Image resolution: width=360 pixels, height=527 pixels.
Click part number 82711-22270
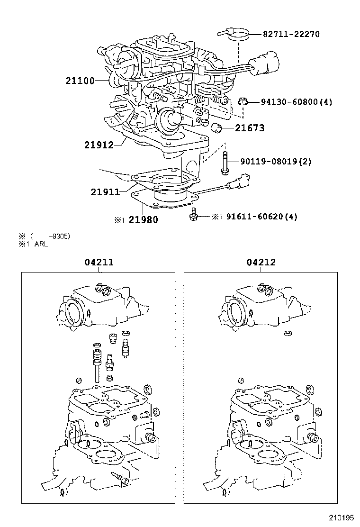[291, 34]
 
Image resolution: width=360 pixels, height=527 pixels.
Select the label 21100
[80, 81]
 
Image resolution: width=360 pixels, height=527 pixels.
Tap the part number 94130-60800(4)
[296, 102]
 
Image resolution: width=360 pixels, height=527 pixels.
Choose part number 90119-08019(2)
[276, 162]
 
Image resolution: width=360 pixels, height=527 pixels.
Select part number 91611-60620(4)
[261, 217]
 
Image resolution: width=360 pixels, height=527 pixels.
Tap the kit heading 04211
[100, 262]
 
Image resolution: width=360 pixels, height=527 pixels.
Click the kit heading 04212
[261, 262]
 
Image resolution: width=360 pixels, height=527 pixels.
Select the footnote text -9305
[61, 236]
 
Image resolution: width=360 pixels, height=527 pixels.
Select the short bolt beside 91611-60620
[193, 214]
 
